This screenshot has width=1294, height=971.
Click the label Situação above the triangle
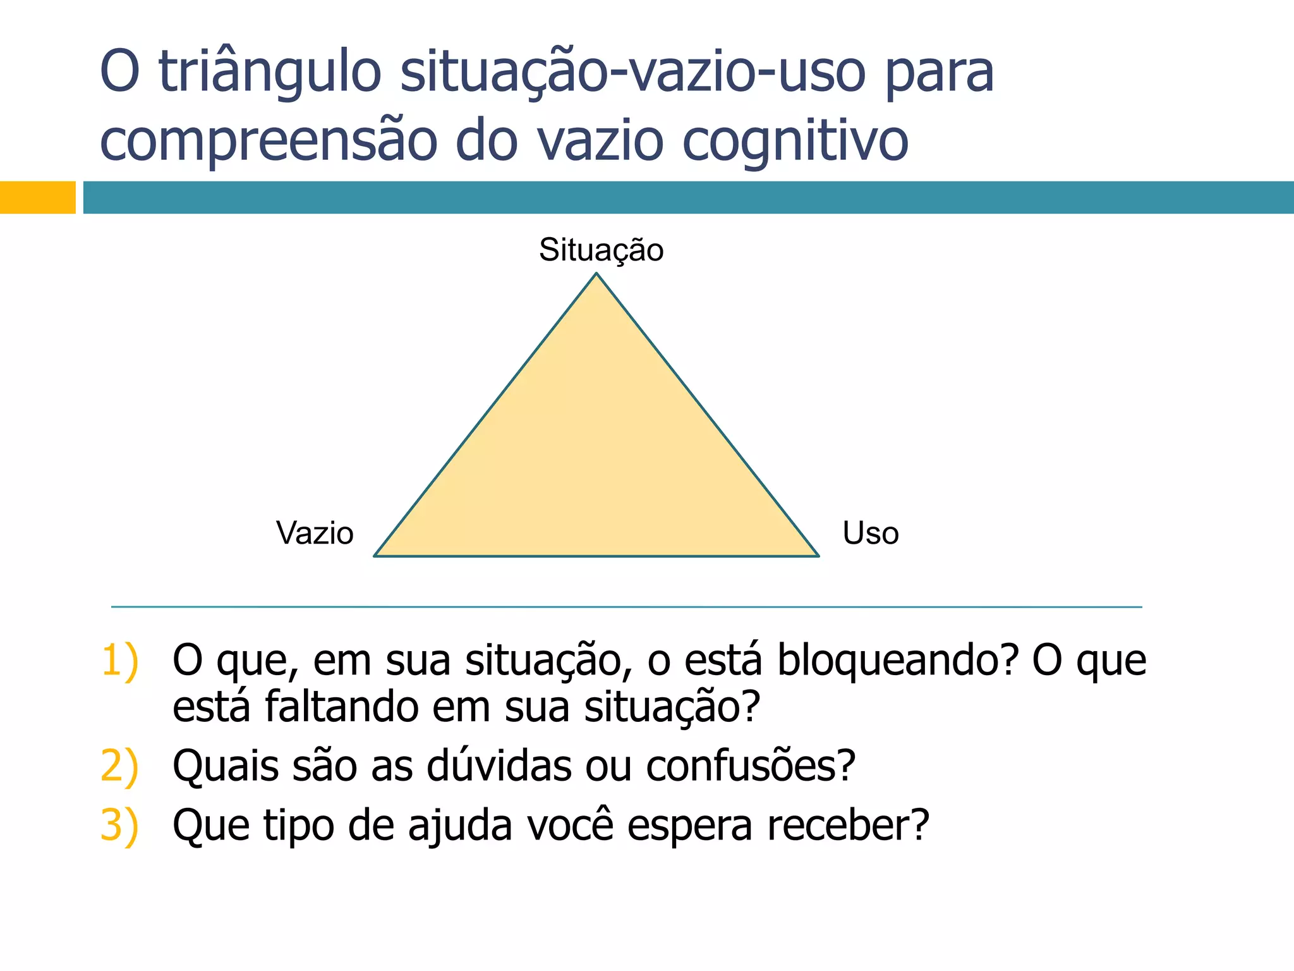601,250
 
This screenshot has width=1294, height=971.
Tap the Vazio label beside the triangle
315,534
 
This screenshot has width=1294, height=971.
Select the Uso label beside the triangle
870,534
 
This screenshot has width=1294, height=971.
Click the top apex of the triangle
596,274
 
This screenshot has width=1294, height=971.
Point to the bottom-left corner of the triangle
375,555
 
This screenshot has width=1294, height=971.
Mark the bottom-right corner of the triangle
818,555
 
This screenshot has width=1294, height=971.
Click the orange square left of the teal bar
37,197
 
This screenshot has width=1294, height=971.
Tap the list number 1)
119,661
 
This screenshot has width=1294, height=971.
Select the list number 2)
119,767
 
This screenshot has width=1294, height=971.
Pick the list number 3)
119,826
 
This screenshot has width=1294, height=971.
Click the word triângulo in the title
270,73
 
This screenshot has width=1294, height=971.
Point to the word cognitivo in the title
795,141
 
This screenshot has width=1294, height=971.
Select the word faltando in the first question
341,707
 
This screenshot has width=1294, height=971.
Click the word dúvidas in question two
499,766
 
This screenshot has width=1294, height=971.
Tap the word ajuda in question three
459,826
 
